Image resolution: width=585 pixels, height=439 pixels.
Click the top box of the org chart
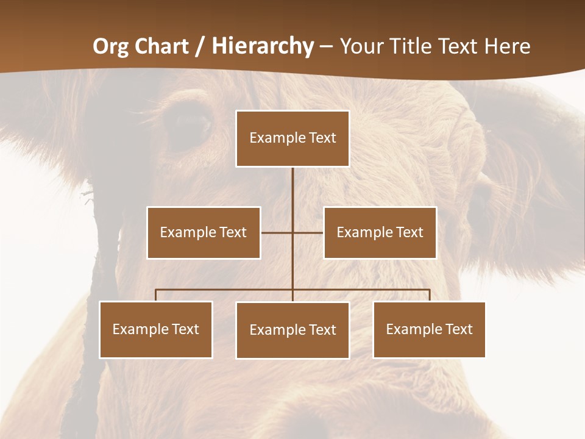click(x=292, y=138)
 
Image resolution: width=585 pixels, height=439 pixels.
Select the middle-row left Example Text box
click(x=204, y=232)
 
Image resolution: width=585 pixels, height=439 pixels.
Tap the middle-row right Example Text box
click(x=380, y=232)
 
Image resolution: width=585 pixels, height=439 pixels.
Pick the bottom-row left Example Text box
click(x=156, y=329)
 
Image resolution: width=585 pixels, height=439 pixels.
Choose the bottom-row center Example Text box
click(x=292, y=330)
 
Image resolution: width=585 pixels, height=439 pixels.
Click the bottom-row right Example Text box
click(x=429, y=329)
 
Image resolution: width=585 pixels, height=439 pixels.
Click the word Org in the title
click(x=112, y=46)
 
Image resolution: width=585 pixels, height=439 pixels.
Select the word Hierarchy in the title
click(x=263, y=46)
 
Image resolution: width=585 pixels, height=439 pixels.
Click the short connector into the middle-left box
click(x=276, y=232)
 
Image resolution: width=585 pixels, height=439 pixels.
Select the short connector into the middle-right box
click(x=308, y=232)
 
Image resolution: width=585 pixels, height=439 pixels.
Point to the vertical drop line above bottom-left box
click(x=156, y=295)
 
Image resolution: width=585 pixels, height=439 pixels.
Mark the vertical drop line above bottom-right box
click(x=430, y=295)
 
